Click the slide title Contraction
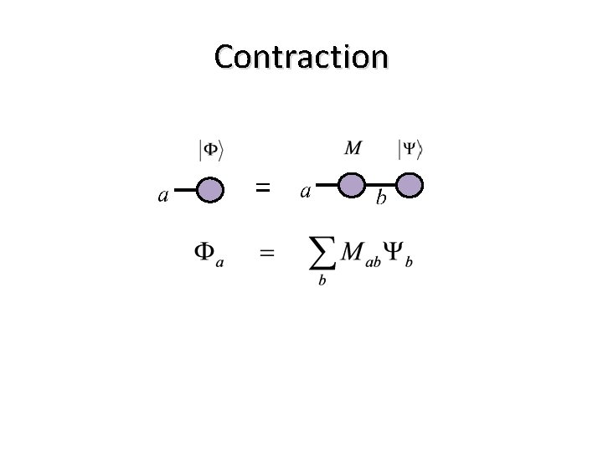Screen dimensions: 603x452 pyautogui.click(x=301, y=57)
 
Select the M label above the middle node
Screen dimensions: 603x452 pyautogui.click(x=353, y=149)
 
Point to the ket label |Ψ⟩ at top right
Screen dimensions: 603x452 pyautogui.click(x=410, y=151)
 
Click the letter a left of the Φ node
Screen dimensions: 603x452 pyautogui.click(x=164, y=197)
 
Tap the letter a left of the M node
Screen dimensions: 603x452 pyautogui.click(x=306, y=192)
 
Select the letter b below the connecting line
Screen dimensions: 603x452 pyautogui.click(x=381, y=199)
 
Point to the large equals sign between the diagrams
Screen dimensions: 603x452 pyautogui.click(x=262, y=188)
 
